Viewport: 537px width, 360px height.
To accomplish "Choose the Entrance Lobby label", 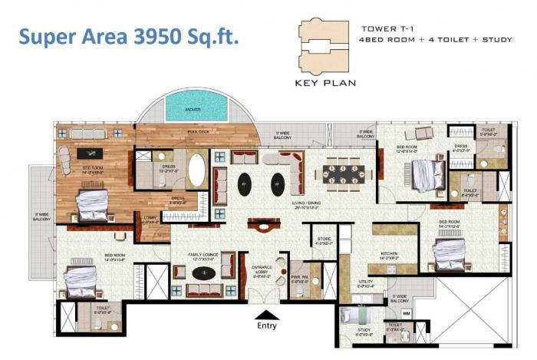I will point(265,271).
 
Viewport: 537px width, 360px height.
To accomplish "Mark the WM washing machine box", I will point(407,313).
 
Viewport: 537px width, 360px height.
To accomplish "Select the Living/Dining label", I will point(305,203).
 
